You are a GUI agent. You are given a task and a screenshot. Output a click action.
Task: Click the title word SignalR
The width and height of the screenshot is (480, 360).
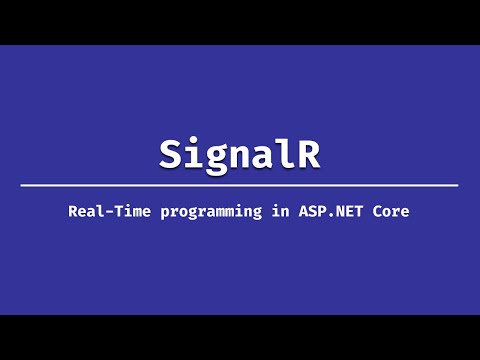pyautogui.click(x=240, y=153)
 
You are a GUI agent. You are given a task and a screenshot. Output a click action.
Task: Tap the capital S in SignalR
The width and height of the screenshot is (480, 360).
pyautogui.click(x=171, y=153)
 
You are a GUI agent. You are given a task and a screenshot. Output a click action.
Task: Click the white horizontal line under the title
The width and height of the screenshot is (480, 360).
pyautogui.click(x=240, y=185)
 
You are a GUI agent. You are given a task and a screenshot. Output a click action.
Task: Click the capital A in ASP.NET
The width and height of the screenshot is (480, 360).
pyautogui.click(x=291, y=211)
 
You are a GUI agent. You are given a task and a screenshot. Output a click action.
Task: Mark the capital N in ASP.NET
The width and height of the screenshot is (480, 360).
pyautogui.click(x=330, y=211)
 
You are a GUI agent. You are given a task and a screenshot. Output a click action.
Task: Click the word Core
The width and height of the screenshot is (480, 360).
pyautogui.click(x=393, y=211)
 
